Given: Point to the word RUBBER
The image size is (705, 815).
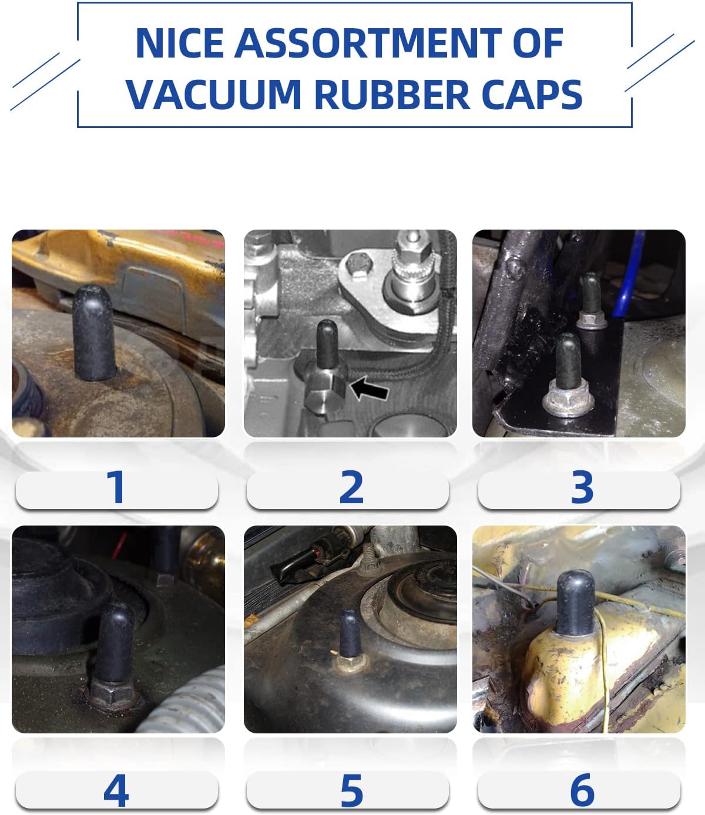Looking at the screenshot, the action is [x=392, y=94].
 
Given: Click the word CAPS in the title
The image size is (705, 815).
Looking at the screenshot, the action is [x=532, y=94].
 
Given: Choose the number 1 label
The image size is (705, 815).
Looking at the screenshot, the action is [x=116, y=487].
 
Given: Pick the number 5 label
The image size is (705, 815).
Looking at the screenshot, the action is [x=351, y=790].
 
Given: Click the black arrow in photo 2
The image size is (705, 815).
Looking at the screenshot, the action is [x=370, y=389].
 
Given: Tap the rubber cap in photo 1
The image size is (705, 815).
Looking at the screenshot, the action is [x=94, y=333].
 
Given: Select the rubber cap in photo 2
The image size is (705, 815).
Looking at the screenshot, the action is [x=327, y=344].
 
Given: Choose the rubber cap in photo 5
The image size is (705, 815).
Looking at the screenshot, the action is [x=350, y=634].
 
